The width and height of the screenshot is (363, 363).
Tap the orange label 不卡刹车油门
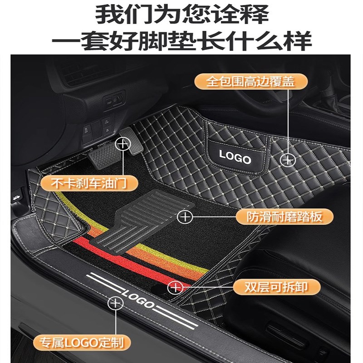(83, 183)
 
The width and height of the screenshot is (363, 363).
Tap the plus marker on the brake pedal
(122, 145)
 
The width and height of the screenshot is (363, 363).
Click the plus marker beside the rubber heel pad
(185, 216)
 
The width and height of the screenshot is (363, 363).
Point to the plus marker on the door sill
(116, 302)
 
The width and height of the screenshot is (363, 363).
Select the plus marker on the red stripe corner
(175, 287)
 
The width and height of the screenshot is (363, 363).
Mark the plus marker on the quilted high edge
(288, 159)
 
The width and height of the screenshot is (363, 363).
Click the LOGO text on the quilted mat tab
(235, 157)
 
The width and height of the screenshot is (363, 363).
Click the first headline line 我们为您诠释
(181, 15)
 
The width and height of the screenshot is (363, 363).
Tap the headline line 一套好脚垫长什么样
(181, 41)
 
